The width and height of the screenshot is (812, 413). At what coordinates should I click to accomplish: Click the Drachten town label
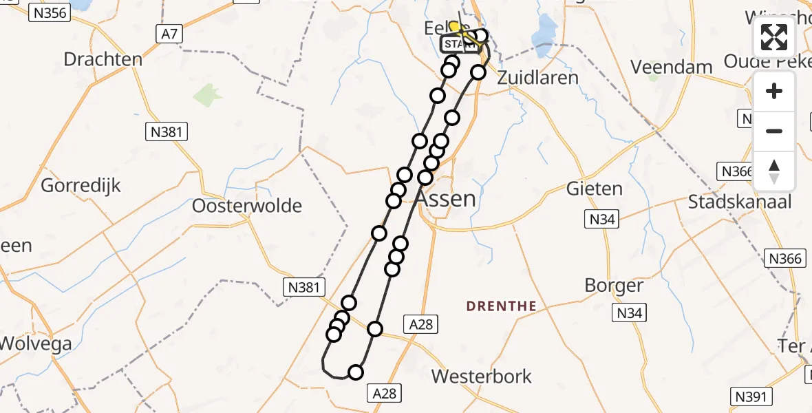point(103,59)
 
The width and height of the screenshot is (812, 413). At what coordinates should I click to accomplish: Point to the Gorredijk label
point(81,185)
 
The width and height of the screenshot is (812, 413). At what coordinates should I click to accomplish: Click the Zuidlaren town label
point(537,77)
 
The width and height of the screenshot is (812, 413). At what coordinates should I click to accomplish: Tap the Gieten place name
point(594,188)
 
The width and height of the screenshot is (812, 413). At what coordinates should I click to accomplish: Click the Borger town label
point(614,286)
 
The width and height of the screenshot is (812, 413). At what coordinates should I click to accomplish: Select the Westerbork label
point(482,377)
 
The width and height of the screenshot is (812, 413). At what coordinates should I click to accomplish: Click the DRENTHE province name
point(501,306)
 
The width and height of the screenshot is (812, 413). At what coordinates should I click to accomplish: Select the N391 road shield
point(751,396)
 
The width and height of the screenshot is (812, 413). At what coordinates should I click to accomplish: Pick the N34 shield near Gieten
point(601,220)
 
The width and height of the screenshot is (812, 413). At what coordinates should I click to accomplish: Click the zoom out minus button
point(774,131)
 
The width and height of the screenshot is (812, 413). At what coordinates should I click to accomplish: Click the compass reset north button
point(774,171)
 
